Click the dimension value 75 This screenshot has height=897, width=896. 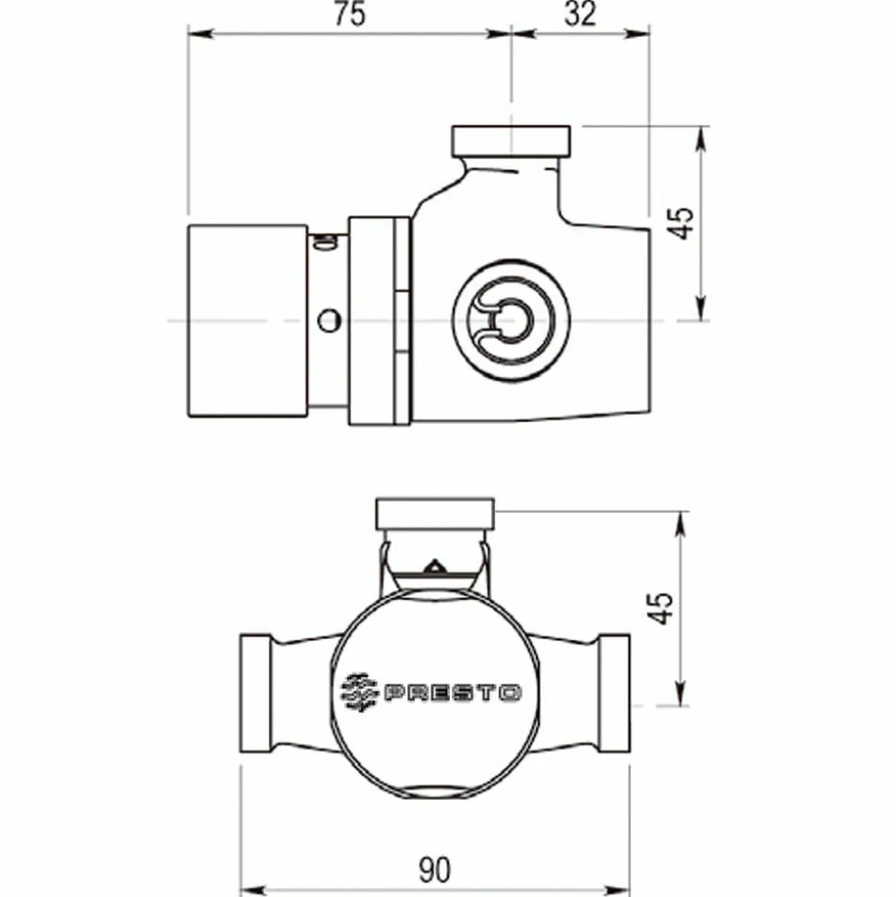pyautogui.click(x=349, y=14)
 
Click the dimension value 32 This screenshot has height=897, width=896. pyautogui.click(x=580, y=14)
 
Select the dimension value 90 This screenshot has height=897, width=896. pyautogui.click(x=435, y=870)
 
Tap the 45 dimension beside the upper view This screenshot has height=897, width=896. pyautogui.click(x=680, y=224)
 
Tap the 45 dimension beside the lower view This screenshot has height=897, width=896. pyautogui.click(x=660, y=608)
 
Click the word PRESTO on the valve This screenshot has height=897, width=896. pyautogui.click(x=453, y=694)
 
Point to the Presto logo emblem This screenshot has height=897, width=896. pyautogui.click(x=359, y=692)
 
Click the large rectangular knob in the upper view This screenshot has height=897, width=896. pyautogui.click(x=248, y=321)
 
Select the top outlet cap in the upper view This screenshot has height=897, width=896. pyautogui.click(x=511, y=141)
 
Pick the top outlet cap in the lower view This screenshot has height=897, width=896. pyautogui.click(x=435, y=514)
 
